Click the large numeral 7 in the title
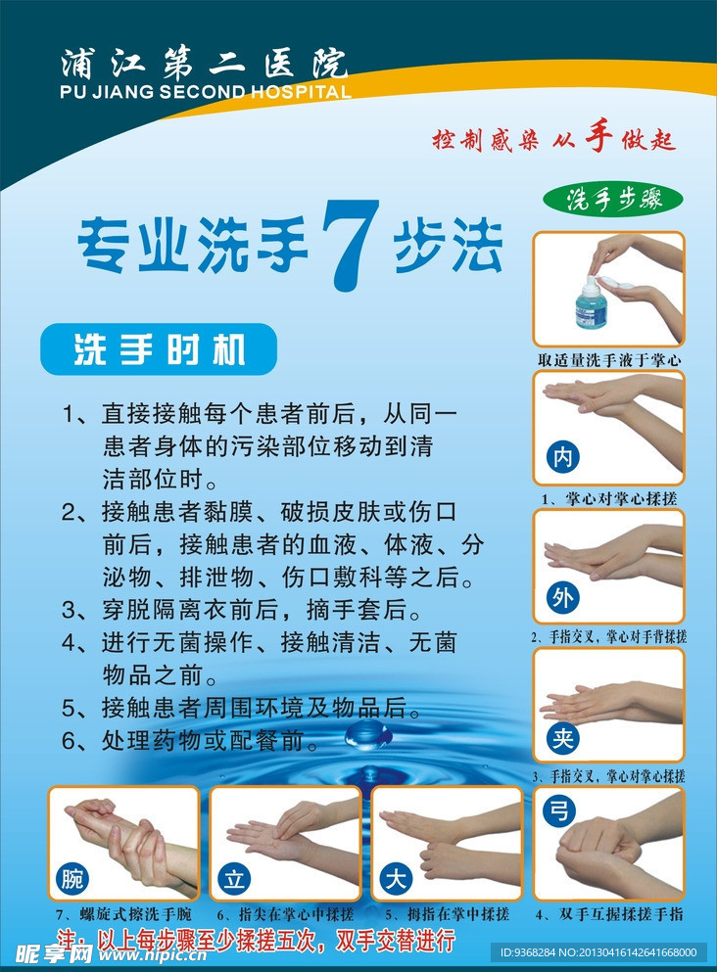point(351,245)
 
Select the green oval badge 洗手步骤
point(615,199)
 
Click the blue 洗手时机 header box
point(159,350)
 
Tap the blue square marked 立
point(233,878)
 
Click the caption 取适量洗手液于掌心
point(608,360)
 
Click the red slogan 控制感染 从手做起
point(554,139)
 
